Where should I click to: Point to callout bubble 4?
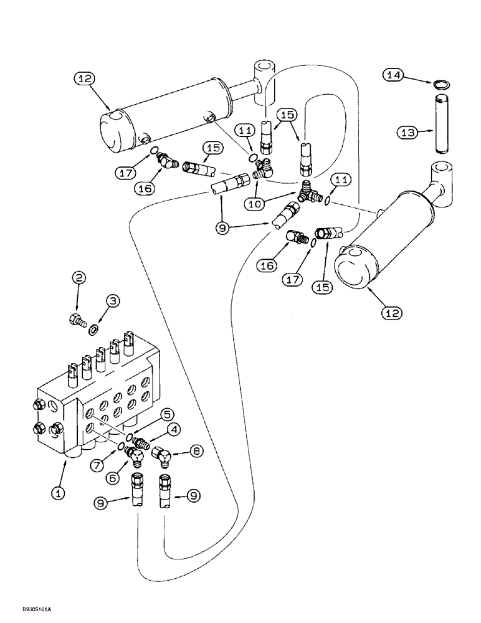174,429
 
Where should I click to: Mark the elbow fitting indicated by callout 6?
135,456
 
